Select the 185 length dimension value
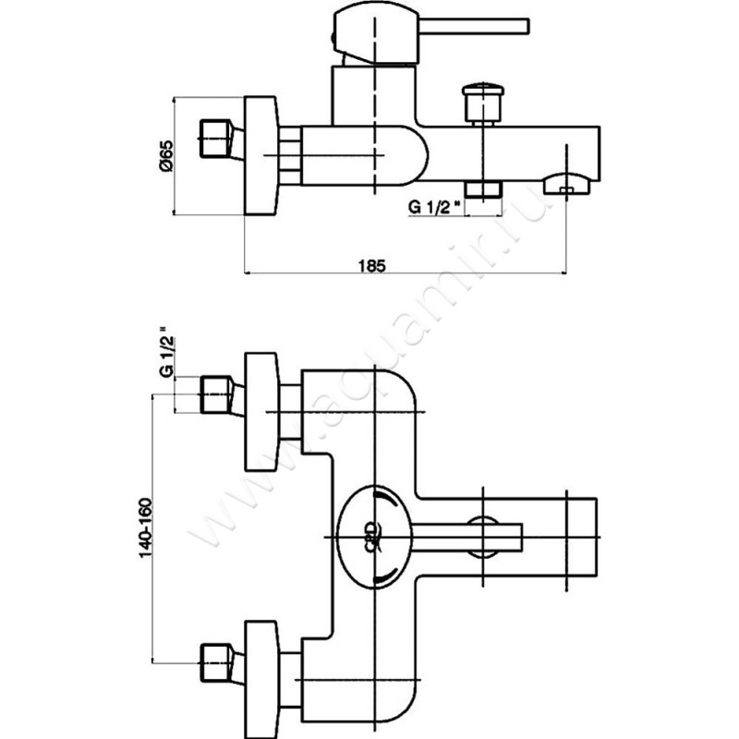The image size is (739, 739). [370, 264]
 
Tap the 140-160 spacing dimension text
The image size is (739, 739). [146, 527]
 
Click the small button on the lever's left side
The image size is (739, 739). [333, 35]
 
